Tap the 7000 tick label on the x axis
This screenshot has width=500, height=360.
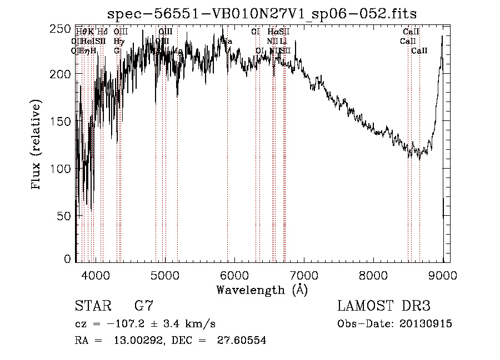[304, 274]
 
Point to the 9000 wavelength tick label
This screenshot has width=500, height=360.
[443, 274]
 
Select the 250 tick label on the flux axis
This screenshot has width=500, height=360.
[63, 28]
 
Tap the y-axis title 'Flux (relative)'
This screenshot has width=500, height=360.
[37, 145]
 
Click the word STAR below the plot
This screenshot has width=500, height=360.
[92, 306]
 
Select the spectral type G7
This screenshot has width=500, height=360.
[144, 306]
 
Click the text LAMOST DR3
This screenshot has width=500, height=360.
[383, 306]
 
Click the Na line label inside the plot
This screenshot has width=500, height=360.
[227, 41]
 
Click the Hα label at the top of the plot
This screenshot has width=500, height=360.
[272, 32]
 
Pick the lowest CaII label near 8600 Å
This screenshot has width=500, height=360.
[419, 50]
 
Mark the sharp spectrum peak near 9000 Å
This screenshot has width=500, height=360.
[442, 37]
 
